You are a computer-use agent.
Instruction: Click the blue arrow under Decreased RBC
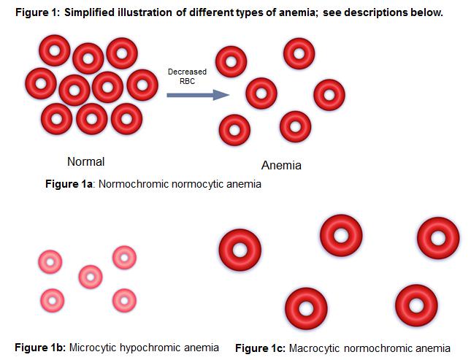point(198,95)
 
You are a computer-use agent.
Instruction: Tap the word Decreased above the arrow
point(187,72)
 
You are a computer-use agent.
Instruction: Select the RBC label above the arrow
point(187,81)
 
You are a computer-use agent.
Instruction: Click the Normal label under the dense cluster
point(86,161)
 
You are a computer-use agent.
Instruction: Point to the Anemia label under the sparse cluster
point(281,165)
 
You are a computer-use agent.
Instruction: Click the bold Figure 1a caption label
point(69,184)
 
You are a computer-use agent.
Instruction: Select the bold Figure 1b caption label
point(39,348)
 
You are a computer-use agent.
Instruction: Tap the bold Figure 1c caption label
point(260,348)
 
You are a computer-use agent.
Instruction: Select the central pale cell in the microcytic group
point(91,277)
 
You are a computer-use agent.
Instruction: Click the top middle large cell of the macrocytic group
point(341,235)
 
